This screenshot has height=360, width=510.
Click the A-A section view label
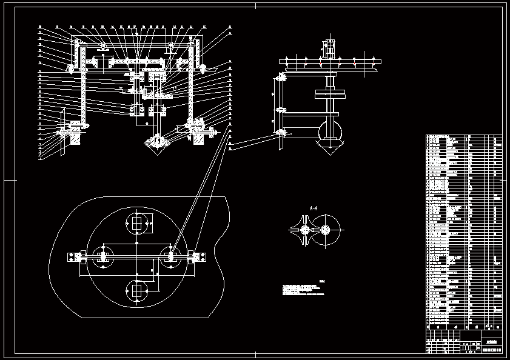pos(314,208)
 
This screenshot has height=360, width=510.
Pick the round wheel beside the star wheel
pos(326,230)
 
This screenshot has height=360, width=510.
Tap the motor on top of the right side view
pos(329,48)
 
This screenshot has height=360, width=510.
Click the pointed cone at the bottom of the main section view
pos(157,145)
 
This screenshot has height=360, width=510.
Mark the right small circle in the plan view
pos(172,258)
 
